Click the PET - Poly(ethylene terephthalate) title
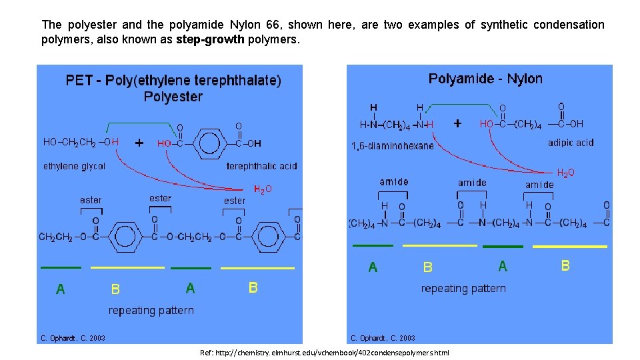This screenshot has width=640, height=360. point(173,81)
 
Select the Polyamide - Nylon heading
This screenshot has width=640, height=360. point(485,79)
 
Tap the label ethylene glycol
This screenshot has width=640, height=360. point(74,166)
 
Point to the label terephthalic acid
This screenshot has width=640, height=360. point(262,166)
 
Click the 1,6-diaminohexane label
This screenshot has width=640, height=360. point(392,145)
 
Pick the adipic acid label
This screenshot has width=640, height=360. point(571,142)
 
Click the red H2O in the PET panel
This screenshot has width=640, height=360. point(263,189)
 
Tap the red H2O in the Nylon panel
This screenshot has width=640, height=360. point(565,173)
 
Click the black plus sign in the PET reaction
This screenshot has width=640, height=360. point(139,143)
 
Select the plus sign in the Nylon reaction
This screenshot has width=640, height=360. point(457,123)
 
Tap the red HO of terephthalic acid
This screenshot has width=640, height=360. point(164,143)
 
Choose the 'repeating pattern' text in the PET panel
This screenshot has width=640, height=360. point(151,311)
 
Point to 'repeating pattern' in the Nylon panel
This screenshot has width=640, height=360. point(463,289)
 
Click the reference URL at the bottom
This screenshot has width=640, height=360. point(325,352)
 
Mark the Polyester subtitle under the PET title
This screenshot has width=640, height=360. point(173,97)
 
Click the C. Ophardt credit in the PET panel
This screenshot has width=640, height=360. point(73,338)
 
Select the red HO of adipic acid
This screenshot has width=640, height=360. point(487,124)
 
